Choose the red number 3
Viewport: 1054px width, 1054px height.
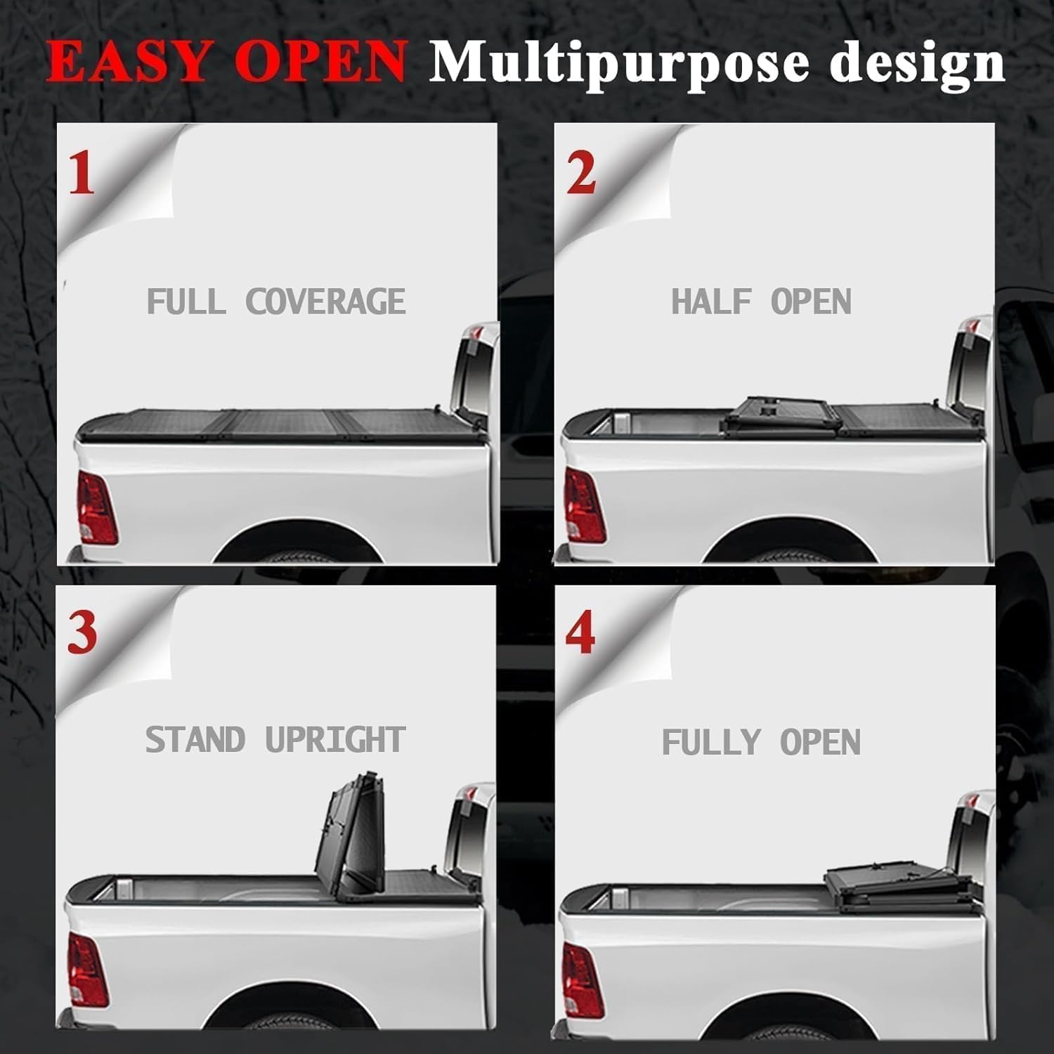click(82, 632)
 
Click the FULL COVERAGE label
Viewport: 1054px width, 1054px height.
click(276, 301)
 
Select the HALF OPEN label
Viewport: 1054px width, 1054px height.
click(761, 301)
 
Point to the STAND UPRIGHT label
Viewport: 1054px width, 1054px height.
click(275, 740)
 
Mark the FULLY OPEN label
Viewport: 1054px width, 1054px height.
click(761, 742)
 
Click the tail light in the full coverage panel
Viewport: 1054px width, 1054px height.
click(96, 507)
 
